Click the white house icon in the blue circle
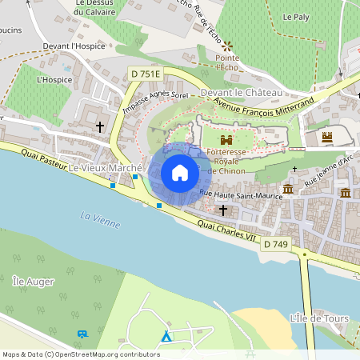[180, 173]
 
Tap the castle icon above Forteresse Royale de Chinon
[226, 139]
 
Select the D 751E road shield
[145, 74]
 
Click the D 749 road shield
[274, 243]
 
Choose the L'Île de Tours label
[321, 319]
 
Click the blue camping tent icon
[166, 337]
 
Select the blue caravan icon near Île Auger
[82, 334]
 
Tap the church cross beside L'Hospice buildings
[100, 126]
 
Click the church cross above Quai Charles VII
[222, 210]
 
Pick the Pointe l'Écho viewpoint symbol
[227, 46]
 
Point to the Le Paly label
[295, 16]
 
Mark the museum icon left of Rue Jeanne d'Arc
[287, 189]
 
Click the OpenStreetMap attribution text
[80, 354]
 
